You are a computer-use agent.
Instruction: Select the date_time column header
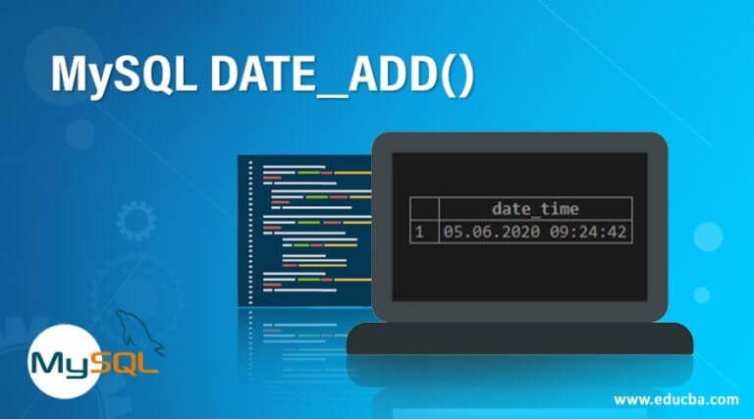[x=535, y=208]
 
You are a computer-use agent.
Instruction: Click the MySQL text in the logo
[x=94, y=363]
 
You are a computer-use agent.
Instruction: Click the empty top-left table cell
[x=423, y=208]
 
